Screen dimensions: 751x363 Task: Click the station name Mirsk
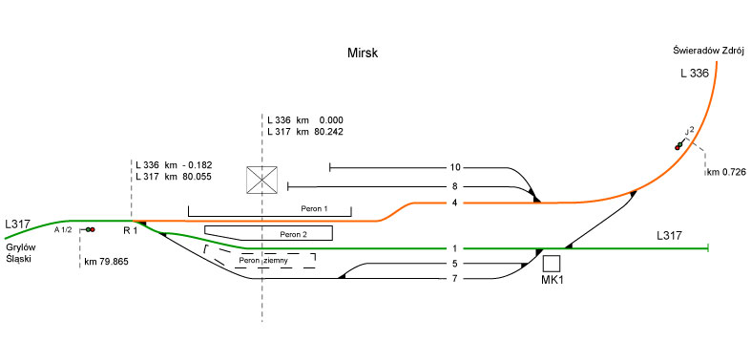pyautogui.click(x=363, y=53)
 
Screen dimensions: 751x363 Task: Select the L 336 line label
pyautogui.click(x=695, y=74)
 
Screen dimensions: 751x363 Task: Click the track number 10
pyautogui.click(x=455, y=167)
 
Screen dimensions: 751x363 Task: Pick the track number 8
pyautogui.click(x=455, y=186)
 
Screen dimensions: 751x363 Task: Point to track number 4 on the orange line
pyautogui.click(x=455, y=203)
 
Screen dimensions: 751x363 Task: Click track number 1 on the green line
pyautogui.click(x=455, y=248)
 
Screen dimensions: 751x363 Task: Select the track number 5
pyautogui.click(x=455, y=264)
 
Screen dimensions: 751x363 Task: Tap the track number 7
pyautogui.click(x=455, y=278)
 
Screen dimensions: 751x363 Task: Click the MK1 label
pyautogui.click(x=552, y=280)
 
